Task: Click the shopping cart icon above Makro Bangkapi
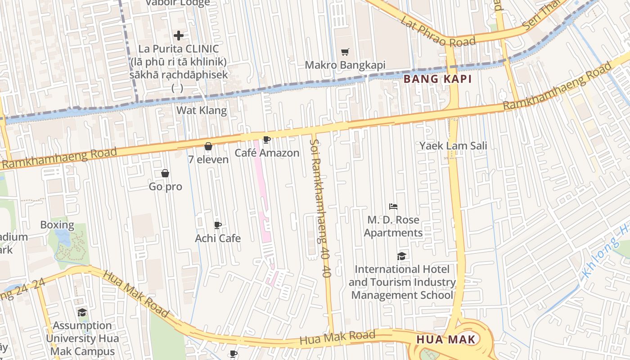[345, 52]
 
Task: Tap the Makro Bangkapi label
[345, 65]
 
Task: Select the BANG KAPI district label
[437, 79]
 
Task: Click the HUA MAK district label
[445, 339]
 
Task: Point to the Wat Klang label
[201, 110]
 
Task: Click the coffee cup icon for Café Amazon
[266, 140]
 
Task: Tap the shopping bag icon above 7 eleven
[208, 146]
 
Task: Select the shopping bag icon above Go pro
[165, 173]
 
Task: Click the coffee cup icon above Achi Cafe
[218, 225]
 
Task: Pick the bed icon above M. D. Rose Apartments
[393, 207]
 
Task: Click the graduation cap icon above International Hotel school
[401, 256]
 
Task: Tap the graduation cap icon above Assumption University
[82, 312]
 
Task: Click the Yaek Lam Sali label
[453, 146]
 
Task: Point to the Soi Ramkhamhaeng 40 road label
[320, 207]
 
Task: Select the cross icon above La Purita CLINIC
[179, 36]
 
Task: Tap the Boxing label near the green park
[57, 225]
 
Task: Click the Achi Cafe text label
[218, 238]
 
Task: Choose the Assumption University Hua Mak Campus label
[82, 338]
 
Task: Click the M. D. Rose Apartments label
[393, 226]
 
